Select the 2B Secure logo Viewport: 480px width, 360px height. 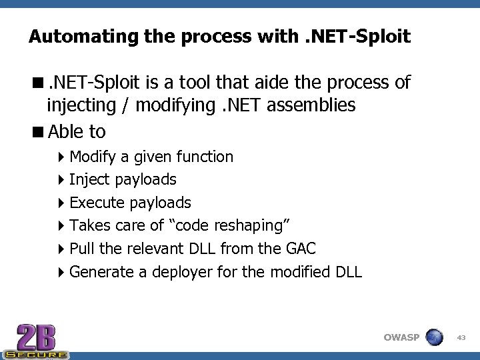pyautogui.click(x=36, y=341)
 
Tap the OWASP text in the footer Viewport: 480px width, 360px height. pyautogui.click(x=401, y=337)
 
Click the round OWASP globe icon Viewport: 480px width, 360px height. pyautogui.click(x=434, y=337)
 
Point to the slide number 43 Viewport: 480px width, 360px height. pyautogui.click(x=461, y=338)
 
